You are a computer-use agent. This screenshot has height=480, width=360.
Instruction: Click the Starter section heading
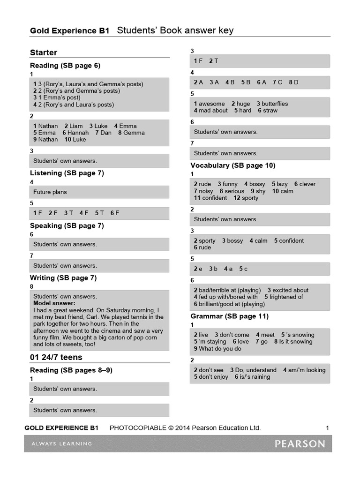pos(44,52)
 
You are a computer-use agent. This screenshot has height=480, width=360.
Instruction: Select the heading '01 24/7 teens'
pos(56,357)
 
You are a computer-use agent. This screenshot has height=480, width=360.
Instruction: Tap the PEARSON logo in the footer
pos(300,443)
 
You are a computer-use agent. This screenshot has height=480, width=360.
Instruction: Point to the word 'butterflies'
pos(275,104)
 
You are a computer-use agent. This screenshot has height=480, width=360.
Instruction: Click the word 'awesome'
pos(212,104)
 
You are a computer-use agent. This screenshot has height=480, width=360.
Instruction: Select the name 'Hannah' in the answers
pos(78,133)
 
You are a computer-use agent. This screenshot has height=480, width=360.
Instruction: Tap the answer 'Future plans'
pos(50,192)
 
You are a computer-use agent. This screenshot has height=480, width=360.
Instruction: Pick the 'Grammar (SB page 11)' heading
pos(229,316)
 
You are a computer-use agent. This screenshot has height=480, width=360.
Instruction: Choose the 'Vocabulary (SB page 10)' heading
pos(233,165)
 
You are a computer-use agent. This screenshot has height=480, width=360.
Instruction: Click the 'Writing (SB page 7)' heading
pos(63,278)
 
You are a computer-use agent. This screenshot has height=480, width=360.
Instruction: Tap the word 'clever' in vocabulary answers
pos(307,184)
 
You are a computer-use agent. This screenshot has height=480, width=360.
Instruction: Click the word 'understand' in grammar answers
pos(261,370)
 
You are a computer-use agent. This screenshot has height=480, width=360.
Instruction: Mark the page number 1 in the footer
pos(327,427)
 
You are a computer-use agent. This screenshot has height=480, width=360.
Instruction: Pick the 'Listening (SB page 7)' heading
pos(67,173)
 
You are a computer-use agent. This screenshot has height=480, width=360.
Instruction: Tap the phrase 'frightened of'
pos(286,297)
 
